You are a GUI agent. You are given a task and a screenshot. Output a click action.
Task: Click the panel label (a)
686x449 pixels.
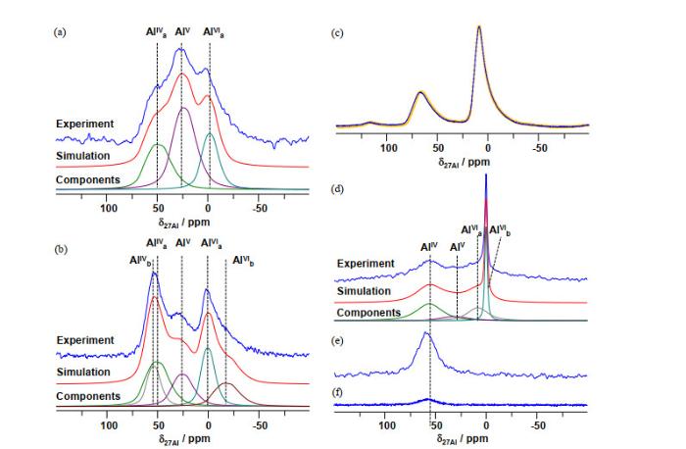pos(60,32)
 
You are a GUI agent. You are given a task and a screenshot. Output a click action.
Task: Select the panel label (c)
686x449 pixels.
pos(338,32)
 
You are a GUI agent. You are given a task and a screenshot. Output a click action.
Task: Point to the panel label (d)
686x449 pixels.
pos(338,187)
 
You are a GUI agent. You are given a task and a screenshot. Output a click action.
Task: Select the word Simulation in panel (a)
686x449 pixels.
pos(82,157)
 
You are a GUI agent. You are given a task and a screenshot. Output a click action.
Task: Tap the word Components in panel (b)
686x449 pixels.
pos(87,395)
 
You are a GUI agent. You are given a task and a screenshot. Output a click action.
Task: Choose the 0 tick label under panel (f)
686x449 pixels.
pos(487,426)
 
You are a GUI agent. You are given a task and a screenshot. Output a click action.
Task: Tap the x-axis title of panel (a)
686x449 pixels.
pos(183,221)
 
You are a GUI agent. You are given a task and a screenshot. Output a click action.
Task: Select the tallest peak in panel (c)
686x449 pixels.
pos(479,26)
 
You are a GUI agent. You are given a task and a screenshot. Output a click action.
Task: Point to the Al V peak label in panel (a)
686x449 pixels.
pos(182,32)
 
